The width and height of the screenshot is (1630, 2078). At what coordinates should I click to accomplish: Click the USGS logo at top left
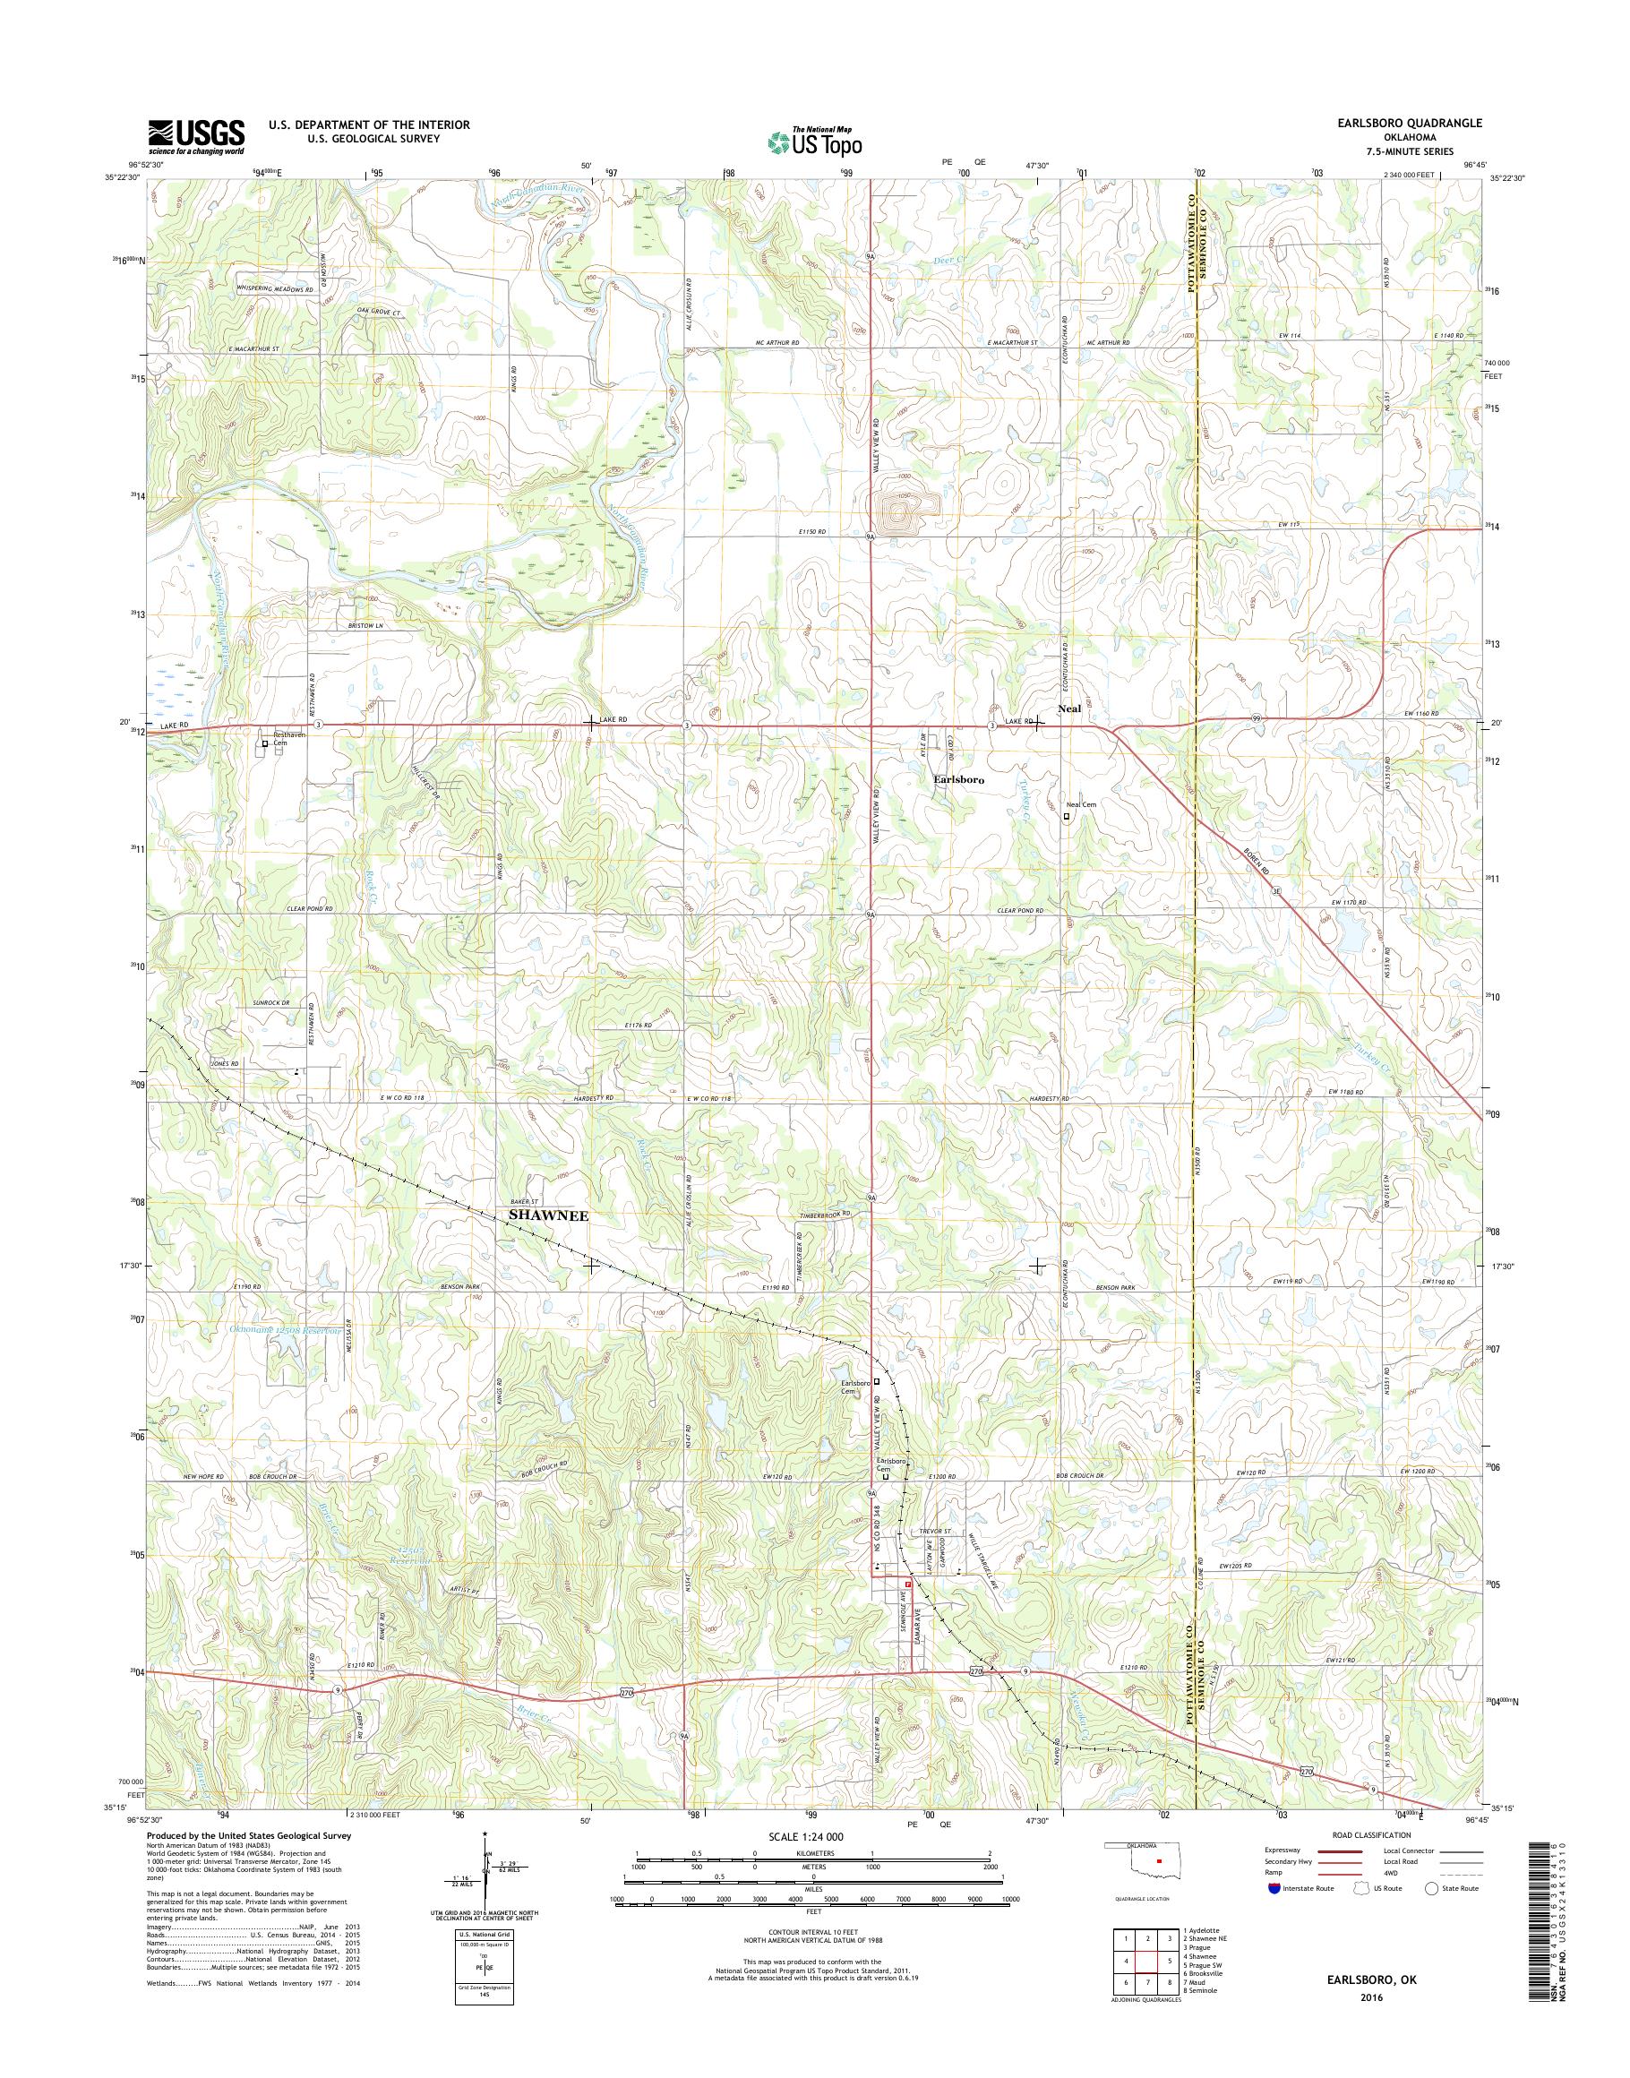(195, 136)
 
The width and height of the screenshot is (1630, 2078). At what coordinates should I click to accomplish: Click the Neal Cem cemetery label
(1082, 804)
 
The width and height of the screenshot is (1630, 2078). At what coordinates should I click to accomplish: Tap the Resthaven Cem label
(287, 739)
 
